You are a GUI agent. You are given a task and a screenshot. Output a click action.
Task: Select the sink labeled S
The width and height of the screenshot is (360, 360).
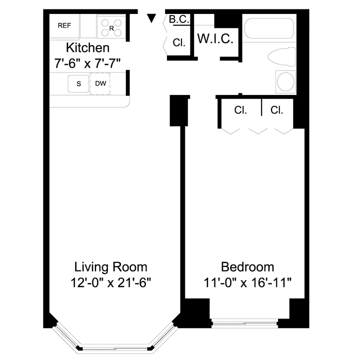[78, 83]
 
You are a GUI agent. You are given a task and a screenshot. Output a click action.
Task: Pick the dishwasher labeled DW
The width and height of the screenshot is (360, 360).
[100, 83]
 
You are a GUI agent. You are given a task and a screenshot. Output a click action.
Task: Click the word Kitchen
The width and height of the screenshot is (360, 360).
[88, 48]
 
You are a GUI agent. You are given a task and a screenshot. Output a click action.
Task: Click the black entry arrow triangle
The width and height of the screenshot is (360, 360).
[151, 19]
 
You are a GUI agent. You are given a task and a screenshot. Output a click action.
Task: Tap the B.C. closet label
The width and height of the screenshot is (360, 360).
[178, 19]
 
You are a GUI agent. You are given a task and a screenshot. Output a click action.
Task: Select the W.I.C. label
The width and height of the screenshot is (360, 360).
[215, 39]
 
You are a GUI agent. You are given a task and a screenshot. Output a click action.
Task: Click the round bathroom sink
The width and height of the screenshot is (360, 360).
[286, 81]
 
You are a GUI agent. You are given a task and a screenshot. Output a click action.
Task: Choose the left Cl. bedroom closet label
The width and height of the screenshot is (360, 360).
[240, 110]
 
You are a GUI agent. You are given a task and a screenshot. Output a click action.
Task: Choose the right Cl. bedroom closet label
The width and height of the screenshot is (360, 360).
[276, 110]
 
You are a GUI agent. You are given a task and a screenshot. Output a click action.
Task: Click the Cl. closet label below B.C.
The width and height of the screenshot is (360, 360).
[179, 43]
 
